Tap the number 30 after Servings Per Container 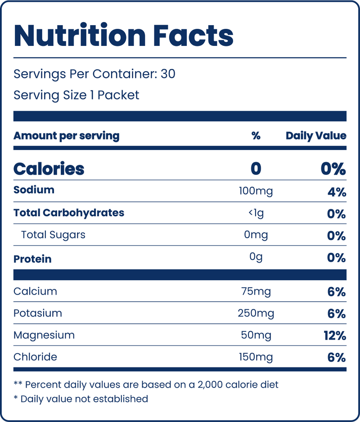(x=168, y=74)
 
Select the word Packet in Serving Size (x=118, y=95)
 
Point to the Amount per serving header (x=67, y=136)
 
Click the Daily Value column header (x=316, y=136)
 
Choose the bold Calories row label (x=49, y=169)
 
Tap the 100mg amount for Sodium (x=256, y=191)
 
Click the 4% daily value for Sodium (x=337, y=192)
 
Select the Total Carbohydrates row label (x=69, y=213)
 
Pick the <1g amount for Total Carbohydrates (x=256, y=213)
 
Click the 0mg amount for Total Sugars (x=256, y=235)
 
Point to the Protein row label (x=32, y=259)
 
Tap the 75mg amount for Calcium (x=256, y=292)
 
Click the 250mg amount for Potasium (x=256, y=313)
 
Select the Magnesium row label (x=44, y=336)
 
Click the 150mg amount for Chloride (x=256, y=358)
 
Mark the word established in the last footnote (x=121, y=399)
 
